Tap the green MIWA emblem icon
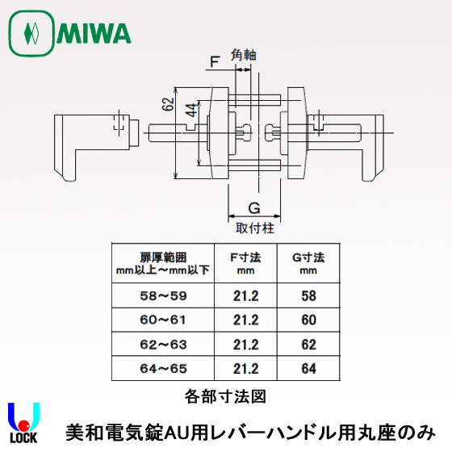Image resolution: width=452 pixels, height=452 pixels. point(31,34)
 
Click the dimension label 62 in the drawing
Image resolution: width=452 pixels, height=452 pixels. point(166,105)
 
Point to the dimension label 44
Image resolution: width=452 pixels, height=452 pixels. point(191,111)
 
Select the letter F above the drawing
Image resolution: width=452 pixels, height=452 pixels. point(214,61)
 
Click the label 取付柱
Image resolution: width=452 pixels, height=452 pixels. point(254,228)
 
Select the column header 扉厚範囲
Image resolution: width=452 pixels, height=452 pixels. point(161,257)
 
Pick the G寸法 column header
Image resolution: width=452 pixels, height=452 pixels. point(308,257)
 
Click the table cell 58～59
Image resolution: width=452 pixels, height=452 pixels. point(161,296)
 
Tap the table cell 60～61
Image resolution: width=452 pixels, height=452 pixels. point(161,320)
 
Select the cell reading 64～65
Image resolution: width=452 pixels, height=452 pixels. point(161,369)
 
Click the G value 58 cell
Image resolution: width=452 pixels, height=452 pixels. point(308,296)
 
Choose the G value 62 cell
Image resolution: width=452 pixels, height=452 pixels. point(308,345)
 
